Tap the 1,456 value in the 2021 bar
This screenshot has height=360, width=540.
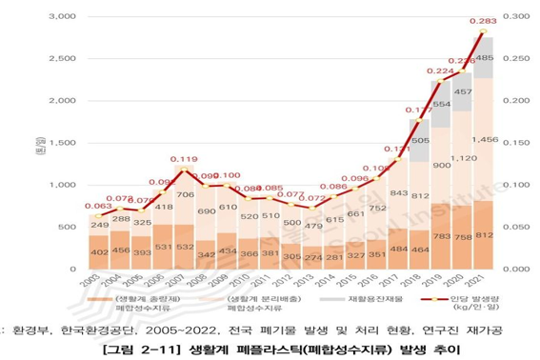coord(484,140)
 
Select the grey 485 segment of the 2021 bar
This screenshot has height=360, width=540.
coord(484,58)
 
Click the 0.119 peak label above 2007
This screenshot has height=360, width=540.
coord(184,160)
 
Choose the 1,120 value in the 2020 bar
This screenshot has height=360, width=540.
coord(462,159)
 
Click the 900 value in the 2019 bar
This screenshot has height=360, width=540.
coord(440,165)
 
